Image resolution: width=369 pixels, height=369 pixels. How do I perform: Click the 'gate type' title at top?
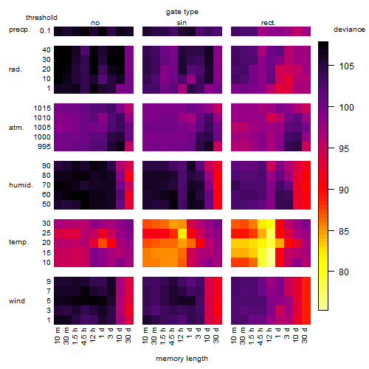(182, 12)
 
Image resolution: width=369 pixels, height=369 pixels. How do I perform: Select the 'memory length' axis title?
(182, 359)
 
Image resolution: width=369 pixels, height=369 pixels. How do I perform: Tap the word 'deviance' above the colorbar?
(349, 30)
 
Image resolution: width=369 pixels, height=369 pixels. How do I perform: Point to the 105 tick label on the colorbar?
(346, 66)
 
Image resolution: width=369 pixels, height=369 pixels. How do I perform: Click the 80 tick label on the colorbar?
(344, 272)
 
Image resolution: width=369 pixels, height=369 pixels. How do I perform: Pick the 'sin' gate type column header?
(182, 23)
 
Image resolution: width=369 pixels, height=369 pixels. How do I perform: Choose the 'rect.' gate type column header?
(269, 23)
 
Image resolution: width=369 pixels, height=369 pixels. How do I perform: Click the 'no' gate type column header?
(95, 23)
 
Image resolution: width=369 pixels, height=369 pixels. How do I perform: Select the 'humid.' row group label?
(21, 185)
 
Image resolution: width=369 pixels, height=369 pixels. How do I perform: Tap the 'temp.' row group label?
(18, 242)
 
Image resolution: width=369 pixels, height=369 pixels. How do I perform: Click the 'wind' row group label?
(17, 301)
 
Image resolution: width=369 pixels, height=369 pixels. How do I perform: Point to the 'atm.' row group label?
(16, 128)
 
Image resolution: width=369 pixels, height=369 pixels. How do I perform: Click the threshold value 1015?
(42, 108)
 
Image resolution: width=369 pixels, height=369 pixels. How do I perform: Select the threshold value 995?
(44, 147)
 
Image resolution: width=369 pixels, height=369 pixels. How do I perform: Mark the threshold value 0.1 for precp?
(45, 31)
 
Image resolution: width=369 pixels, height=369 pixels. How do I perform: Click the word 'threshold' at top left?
(41, 18)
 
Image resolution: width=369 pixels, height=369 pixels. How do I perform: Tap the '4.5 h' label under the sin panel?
(172, 337)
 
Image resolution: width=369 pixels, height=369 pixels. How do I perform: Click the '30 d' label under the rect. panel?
(305, 335)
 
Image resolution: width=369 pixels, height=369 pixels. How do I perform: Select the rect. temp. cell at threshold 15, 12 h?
(271, 252)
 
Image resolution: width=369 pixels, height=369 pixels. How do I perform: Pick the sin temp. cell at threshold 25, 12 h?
(182, 233)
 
